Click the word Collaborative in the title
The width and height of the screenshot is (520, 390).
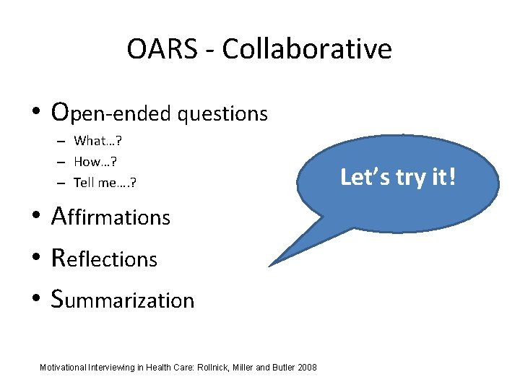307,49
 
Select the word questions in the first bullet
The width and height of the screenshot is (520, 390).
223,113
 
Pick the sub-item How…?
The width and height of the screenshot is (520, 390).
95,162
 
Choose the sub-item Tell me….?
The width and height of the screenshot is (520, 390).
105,183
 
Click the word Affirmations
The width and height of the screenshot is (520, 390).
110,217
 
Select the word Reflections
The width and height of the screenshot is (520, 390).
104,259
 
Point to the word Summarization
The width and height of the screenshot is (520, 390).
123,300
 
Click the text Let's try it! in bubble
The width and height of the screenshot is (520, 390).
398,177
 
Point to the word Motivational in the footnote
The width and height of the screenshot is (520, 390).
64,368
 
